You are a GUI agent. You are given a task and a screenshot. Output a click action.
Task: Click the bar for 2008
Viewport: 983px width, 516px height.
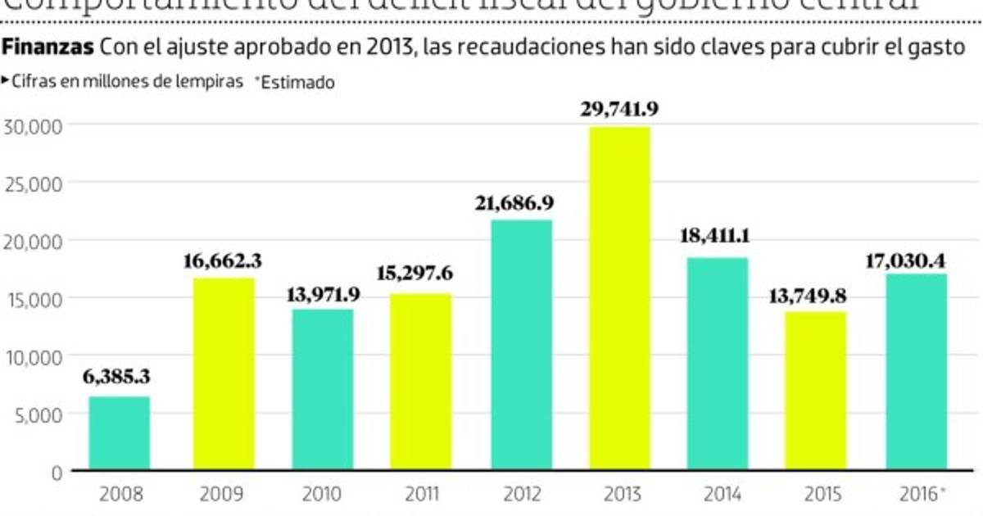click(x=120, y=433)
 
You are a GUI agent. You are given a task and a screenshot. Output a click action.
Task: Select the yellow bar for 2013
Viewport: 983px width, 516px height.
click(x=619, y=298)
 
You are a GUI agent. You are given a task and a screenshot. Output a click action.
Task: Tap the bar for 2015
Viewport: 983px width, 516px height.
click(x=816, y=391)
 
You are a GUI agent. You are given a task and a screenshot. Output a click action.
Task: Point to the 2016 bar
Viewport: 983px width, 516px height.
click(x=916, y=372)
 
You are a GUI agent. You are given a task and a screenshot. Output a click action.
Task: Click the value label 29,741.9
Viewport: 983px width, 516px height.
click(x=619, y=108)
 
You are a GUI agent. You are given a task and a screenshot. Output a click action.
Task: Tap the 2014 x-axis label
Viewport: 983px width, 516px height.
click(x=722, y=494)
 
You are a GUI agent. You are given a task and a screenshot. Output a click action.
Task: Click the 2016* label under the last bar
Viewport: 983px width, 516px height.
click(x=919, y=494)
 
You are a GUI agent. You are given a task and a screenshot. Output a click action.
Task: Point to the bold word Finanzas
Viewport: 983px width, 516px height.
click(x=48, y=48)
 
